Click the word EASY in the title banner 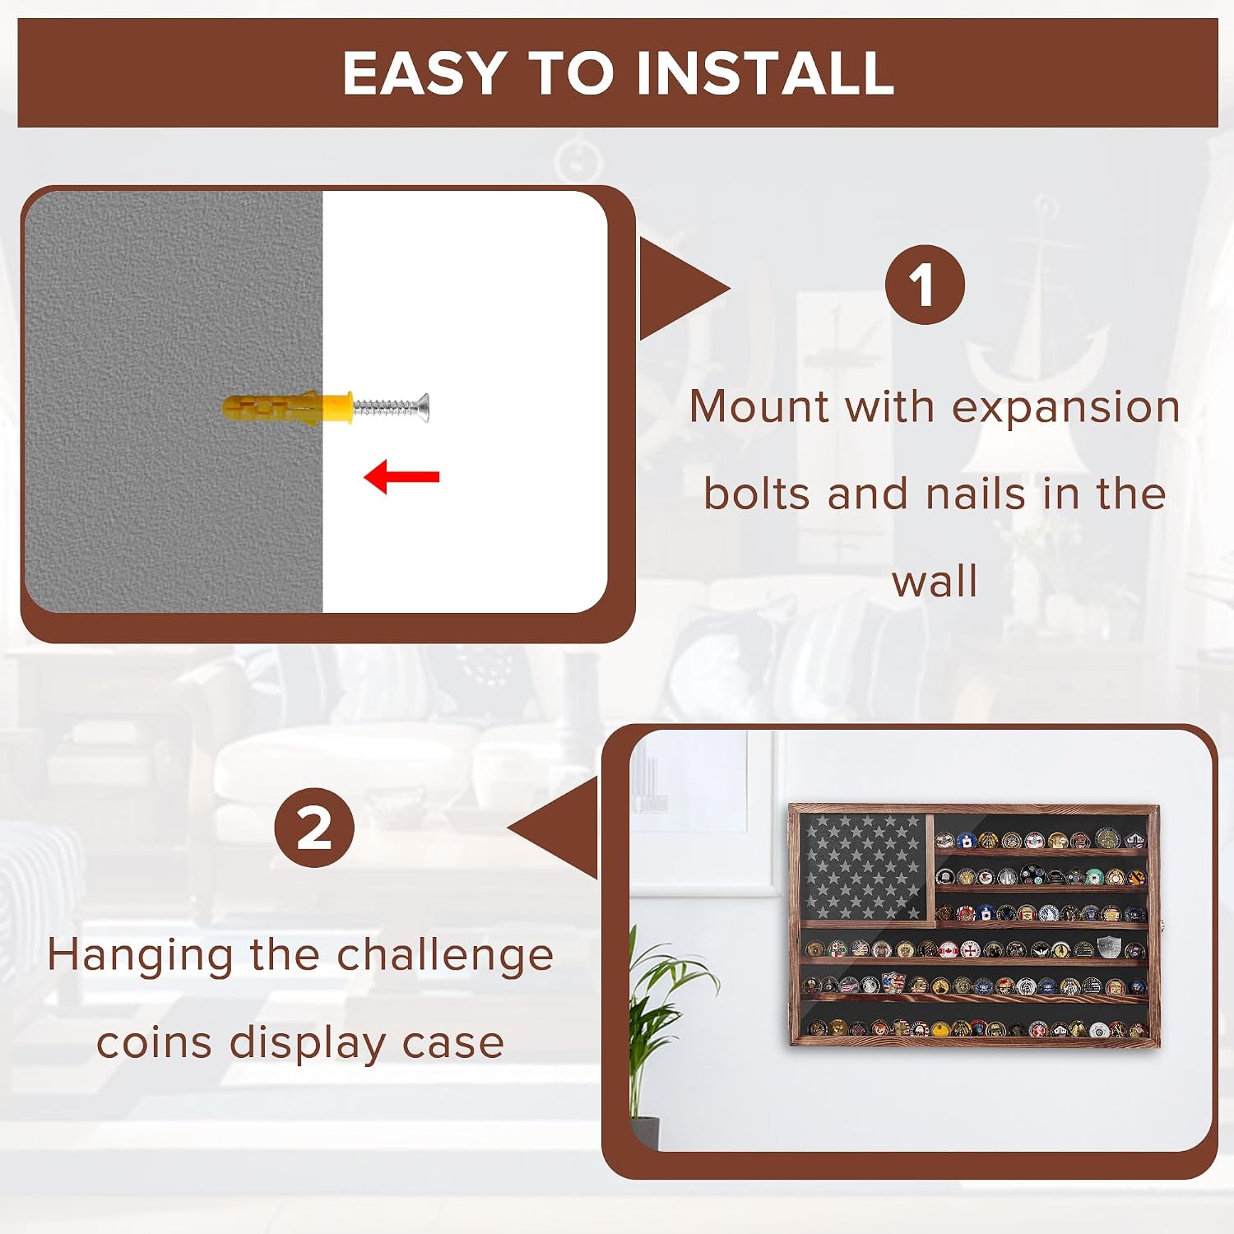[424, 73]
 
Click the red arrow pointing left [401, 477]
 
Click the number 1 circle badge [925, 285]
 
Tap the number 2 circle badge [314, 828]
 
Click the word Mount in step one [759, 406]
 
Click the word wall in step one [935, 581]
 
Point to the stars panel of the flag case [864, 866]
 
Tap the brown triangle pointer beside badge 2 [553, 828]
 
